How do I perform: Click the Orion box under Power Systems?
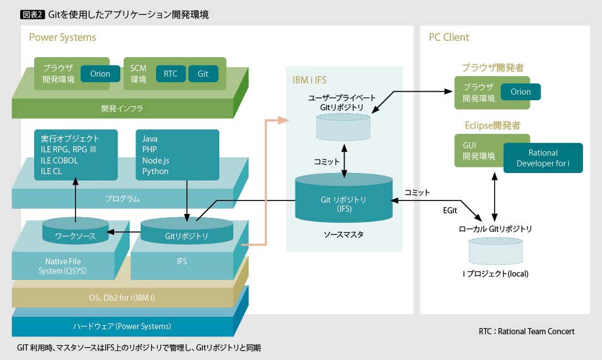tap(100, 74)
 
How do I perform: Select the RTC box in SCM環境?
tap(171, 74)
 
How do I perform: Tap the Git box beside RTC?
tap(203, 74)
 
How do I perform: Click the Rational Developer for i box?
tap(543, 158)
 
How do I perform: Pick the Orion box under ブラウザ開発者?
tap(520, 92)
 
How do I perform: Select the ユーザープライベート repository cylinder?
tap(343, 127)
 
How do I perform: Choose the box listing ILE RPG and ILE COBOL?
tap(76, 155)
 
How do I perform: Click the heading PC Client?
tap(449, 38)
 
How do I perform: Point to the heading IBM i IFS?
tap(309, 80)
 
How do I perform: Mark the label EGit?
tap(450, 211)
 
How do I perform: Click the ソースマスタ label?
tap(343, 235)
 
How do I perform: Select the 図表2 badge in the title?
tap(32, 15)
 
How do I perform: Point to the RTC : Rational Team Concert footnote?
tap(526, 331)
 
